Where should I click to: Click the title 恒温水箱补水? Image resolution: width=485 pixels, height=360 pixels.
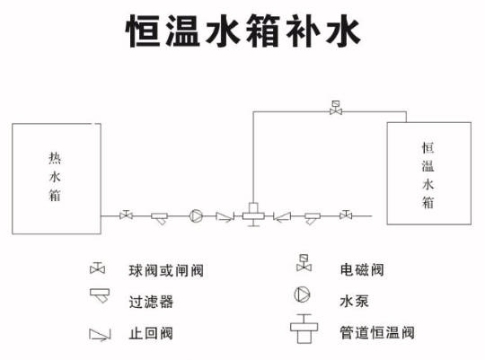(x=242, y=31)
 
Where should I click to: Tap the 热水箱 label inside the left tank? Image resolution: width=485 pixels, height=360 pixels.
(x=55, y=177)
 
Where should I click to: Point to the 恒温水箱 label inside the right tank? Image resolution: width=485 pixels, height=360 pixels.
(x=428, y=175)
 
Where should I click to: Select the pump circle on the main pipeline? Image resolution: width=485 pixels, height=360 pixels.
(x=196, y=215)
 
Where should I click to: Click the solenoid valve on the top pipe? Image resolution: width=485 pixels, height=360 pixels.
(x=336, y=108)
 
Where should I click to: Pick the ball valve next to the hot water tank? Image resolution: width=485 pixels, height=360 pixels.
(x=126, y=215)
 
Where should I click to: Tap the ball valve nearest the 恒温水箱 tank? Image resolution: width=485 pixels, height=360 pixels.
(x=346, y=215)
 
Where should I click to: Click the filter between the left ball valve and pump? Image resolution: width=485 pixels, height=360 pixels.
(x=160, y=218)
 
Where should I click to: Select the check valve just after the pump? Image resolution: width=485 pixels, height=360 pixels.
(x=225, y=216)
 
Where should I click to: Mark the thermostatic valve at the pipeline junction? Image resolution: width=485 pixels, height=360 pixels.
(x=253, y=215)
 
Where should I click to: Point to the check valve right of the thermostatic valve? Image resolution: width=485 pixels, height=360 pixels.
(x=282, y=216)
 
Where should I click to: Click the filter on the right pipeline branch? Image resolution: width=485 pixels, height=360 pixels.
(x=313, y=218)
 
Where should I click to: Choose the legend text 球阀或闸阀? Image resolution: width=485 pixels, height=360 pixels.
(x=166, y=271)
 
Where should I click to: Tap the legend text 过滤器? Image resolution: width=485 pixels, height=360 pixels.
(x=151, y=302)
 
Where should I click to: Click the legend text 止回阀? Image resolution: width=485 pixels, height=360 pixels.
(x=151, y=333)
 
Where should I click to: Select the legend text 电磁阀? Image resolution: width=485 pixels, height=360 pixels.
(x=362, y=269)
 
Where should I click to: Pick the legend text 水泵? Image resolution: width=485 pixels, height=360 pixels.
(x=354, y=301)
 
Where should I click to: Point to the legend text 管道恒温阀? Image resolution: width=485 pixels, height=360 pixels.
(x=377, y=333)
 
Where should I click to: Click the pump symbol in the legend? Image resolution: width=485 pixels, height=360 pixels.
(x=302, y=294)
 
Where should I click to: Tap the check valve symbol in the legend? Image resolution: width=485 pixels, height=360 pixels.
(x=100, y=335)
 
